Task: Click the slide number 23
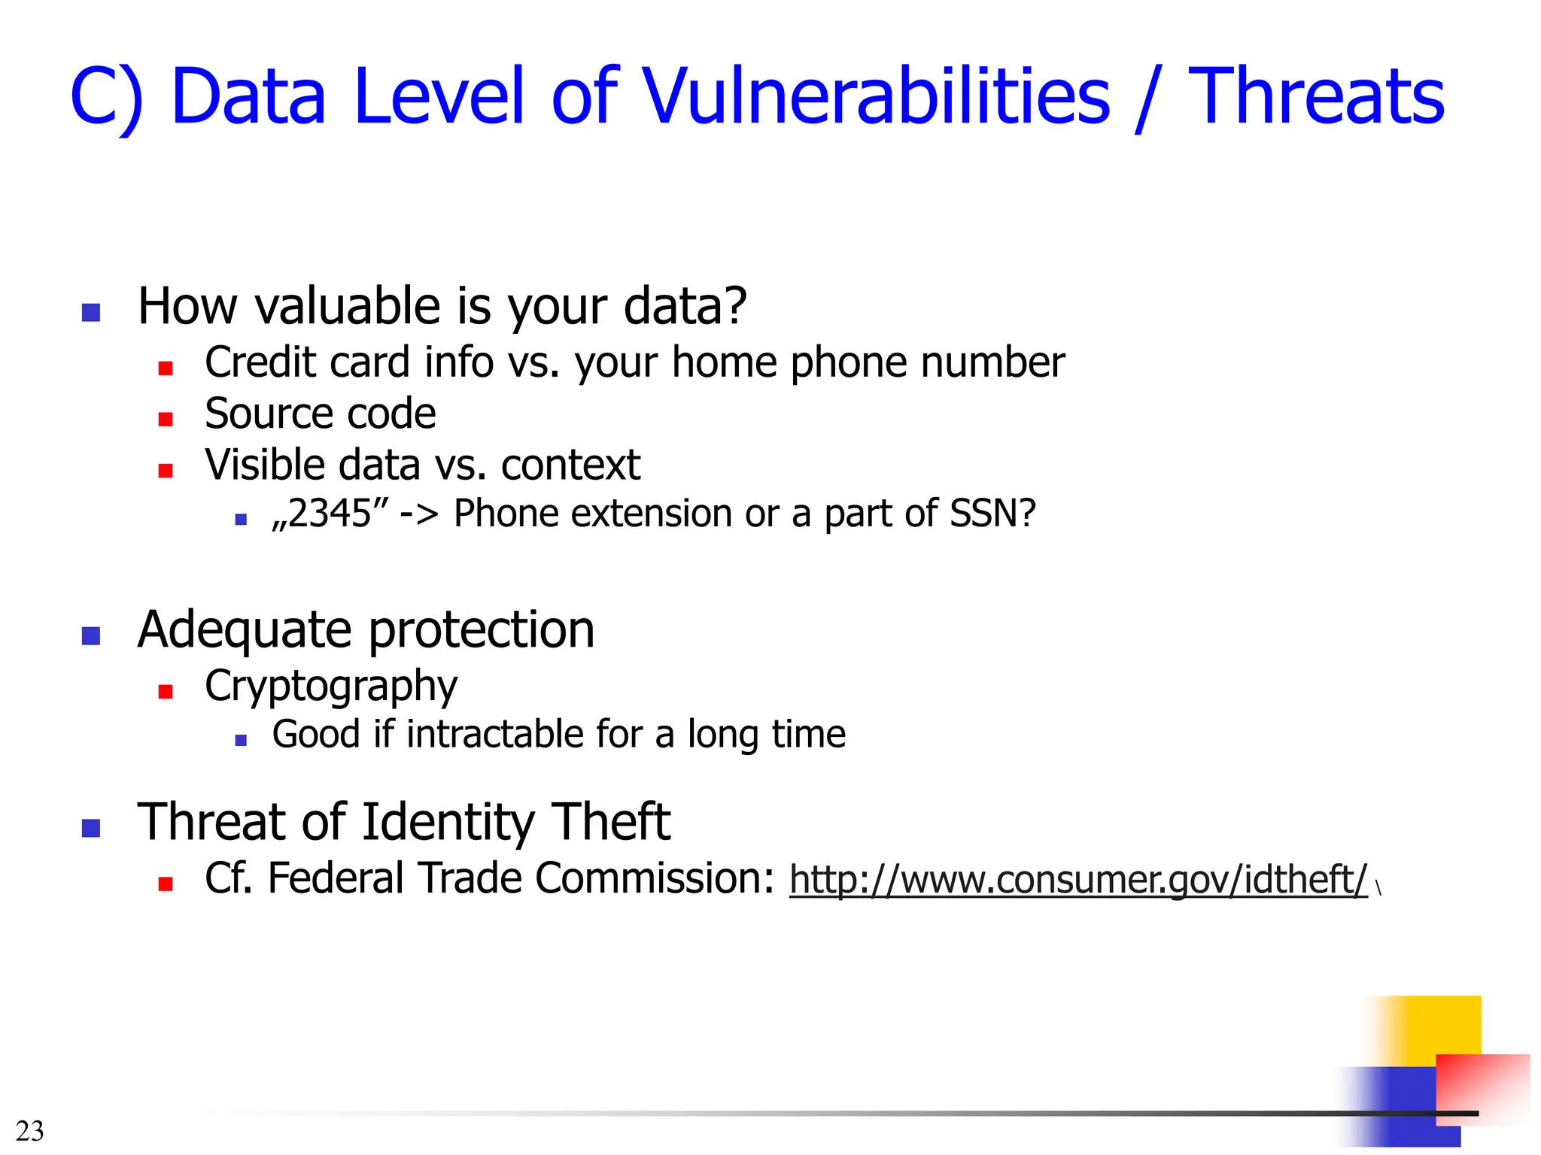click(30, 1131)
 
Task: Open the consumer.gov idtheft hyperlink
click(1077, 880)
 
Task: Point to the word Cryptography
click(331, 686)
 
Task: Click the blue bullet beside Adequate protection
click(91, 635)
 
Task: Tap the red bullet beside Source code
click(166, 419)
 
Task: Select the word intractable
click(494, 734)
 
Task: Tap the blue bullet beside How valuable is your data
click(91, 312)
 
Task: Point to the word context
click(570, 465)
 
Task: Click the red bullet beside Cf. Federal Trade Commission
click(166, 884)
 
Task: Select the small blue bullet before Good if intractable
click(241, 740)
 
